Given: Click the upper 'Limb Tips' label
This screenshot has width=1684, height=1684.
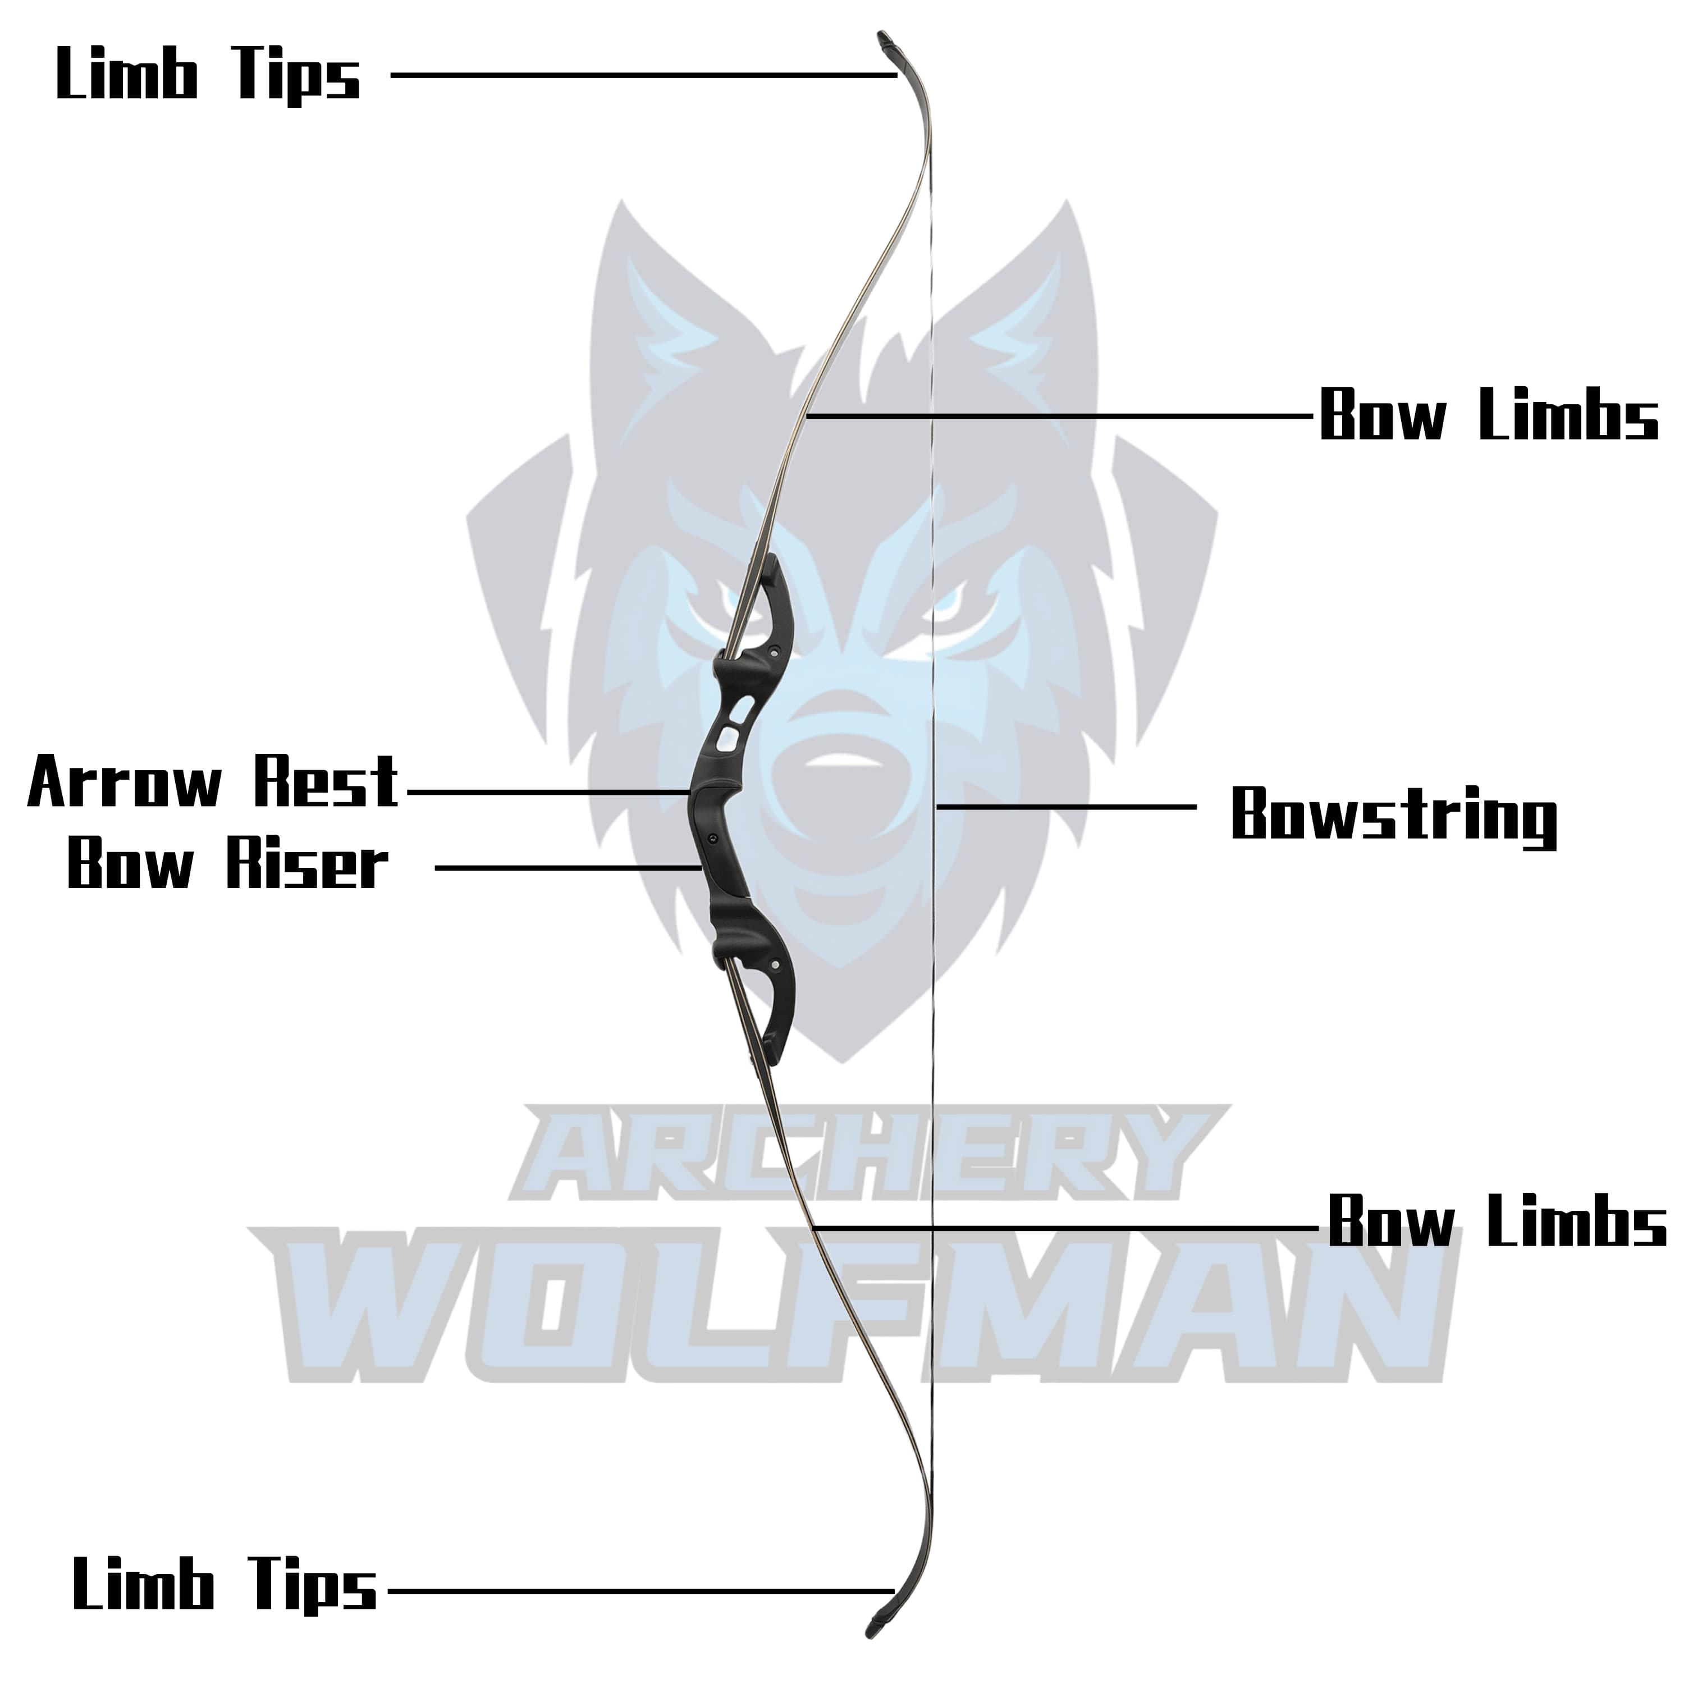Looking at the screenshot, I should [208, 76].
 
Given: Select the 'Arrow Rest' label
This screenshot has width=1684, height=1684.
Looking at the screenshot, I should [213, 782].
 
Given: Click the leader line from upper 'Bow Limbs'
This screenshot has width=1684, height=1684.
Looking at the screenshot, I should [1059, 417].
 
